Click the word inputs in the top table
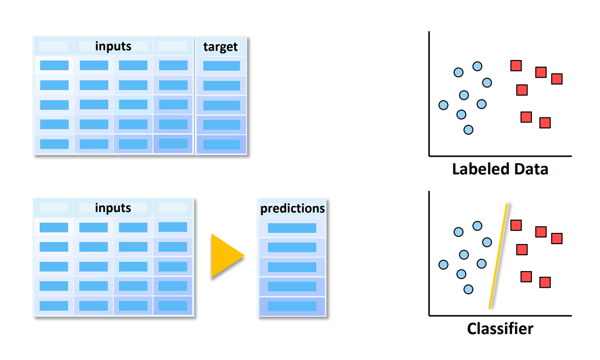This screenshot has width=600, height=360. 113,46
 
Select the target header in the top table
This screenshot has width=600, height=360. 220,47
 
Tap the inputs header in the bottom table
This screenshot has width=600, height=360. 113,208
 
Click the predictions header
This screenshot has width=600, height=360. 292,208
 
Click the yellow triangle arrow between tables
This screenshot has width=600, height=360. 226,256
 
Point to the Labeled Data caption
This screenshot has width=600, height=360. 500,169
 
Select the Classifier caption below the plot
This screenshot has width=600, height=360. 500,328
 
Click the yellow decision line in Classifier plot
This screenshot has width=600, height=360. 498,256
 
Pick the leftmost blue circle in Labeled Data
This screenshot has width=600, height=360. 443,105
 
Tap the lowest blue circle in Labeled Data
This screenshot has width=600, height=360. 469,130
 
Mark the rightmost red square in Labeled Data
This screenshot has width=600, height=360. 557,79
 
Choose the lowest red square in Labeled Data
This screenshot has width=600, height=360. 545,123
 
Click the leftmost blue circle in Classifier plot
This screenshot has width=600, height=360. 443,264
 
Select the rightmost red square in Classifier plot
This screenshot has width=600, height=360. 557,238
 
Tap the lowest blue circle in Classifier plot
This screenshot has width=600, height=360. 469,289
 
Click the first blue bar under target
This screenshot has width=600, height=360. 221,66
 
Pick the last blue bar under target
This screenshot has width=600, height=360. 221,144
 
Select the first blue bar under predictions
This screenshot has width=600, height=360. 292,228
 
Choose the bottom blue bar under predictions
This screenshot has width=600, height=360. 292,306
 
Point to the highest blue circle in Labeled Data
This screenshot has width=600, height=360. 477,66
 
